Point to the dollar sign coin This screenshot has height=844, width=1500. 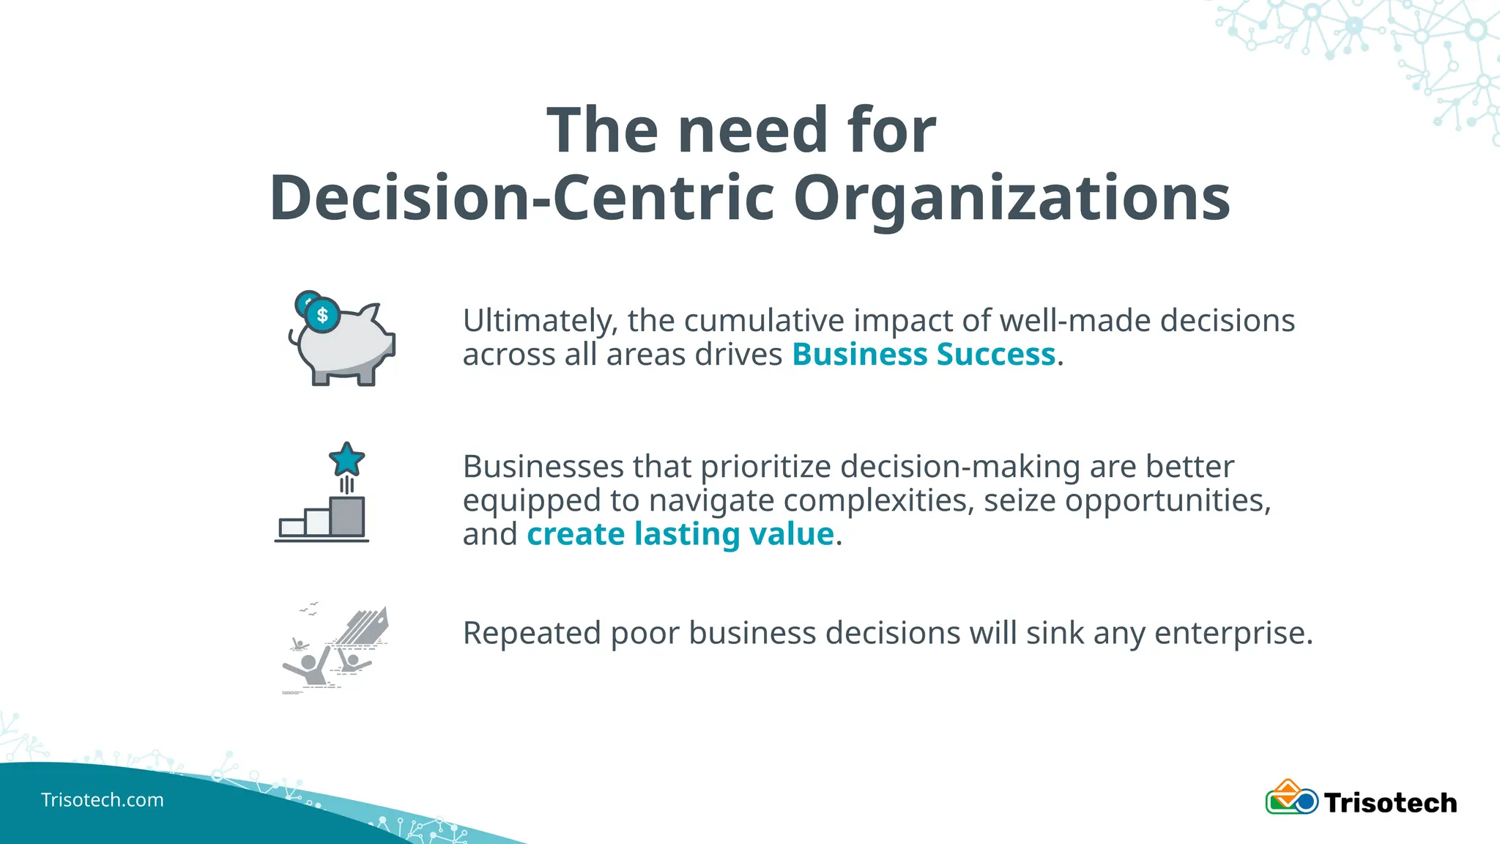point(322,315)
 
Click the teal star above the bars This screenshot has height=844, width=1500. point(346,460)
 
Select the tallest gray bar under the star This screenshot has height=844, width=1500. point(346,517)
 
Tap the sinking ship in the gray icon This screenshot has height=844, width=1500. point(364,629)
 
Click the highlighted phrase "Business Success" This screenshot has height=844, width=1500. point(924,355)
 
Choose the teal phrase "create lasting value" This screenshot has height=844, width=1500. point(680,534)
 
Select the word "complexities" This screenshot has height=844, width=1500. point(878,500)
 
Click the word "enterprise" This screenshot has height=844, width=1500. point(1233,633)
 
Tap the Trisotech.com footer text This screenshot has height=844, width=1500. point(102,799)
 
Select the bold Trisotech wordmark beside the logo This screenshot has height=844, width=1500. point(1390,803)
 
